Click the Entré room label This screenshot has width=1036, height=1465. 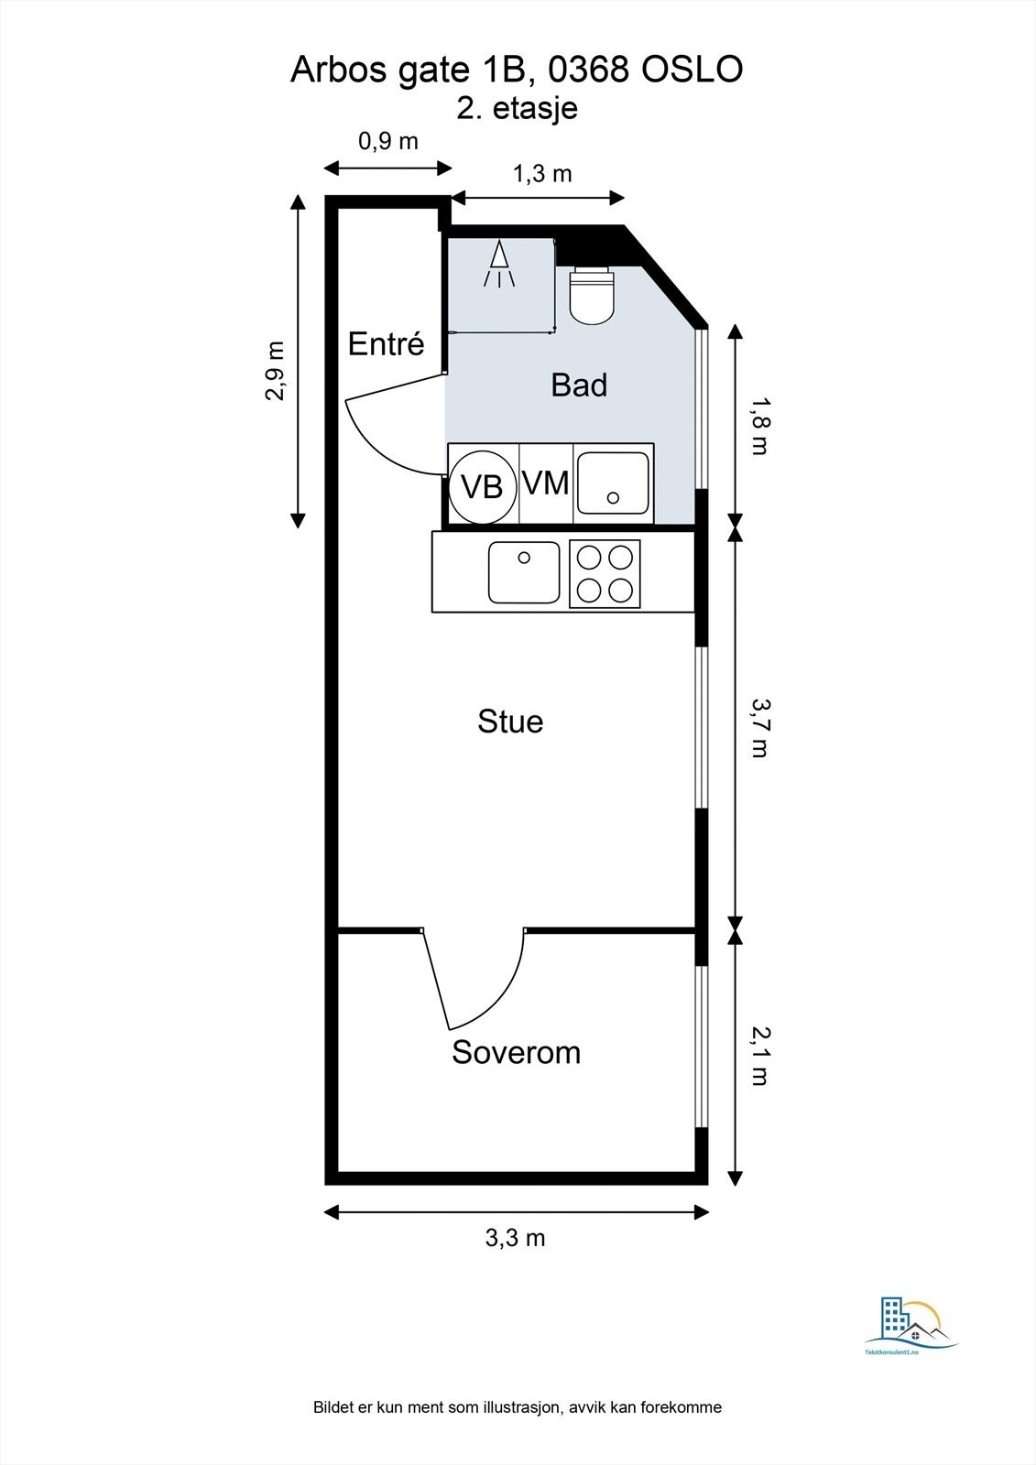coord(387,343)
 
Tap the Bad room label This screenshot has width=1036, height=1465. coord(579,385)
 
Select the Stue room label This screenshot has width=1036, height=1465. coord(510,721)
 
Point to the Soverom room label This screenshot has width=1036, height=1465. coord(517,1052)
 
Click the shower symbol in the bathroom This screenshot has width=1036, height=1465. coord(499,264)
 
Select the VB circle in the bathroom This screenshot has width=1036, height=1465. coord(482,486)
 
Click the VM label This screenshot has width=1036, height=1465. coord(546,484)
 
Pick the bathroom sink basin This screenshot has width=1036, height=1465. coord(613,483)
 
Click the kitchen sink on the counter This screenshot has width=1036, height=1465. coord(524,572)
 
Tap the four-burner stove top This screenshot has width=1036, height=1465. coord(605,574)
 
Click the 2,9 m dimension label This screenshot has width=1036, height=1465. coord(276,370)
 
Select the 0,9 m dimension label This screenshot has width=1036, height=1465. coord(388,141)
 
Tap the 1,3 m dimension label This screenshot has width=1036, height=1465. coord(542,173)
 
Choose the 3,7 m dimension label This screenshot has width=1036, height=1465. coord(759,728)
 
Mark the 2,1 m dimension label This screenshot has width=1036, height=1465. coord(759,1057)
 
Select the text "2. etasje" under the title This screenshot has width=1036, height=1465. coord(517,108)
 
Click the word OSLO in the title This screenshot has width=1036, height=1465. coord(692,70)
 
